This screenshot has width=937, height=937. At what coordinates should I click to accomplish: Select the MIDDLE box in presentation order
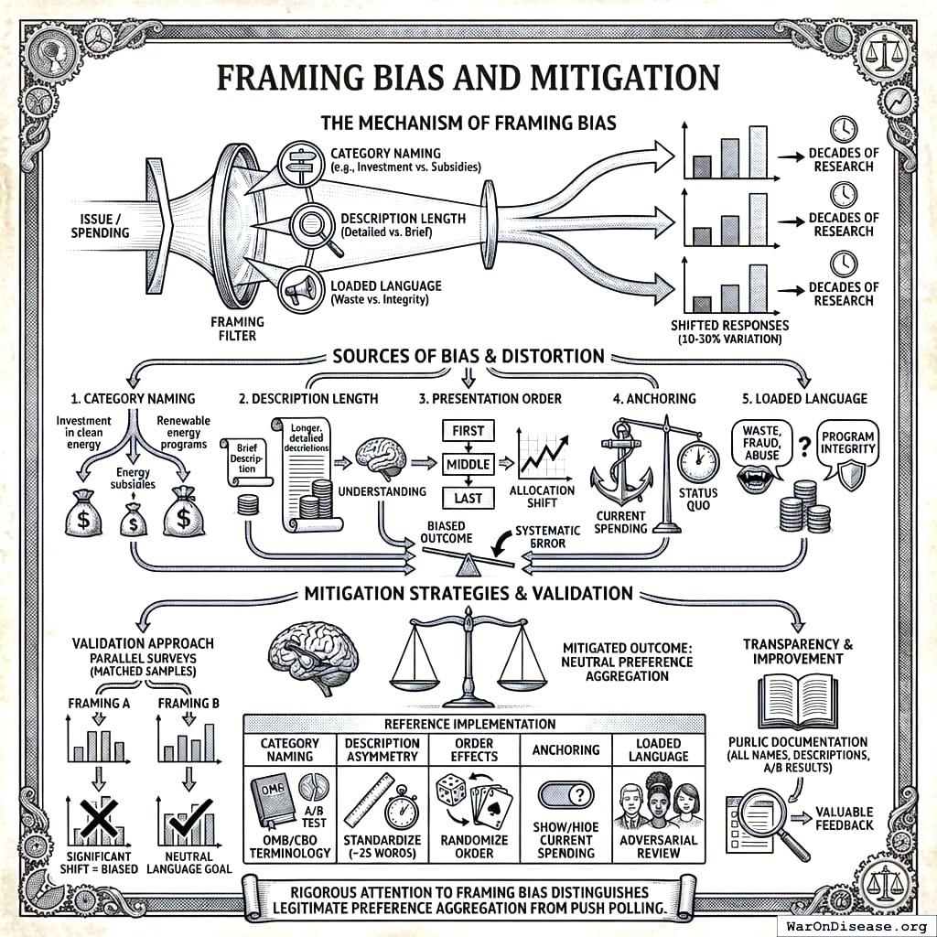coord(468,465)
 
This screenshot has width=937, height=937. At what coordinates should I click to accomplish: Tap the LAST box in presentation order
coord(468,498)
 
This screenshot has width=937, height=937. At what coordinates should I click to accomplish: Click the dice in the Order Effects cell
coord(451,790)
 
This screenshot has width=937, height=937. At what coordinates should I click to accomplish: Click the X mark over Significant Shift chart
coord(96,817)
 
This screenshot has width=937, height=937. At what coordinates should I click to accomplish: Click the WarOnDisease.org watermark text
coord(856,924)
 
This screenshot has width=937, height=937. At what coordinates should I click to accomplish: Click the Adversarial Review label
coord(659,846)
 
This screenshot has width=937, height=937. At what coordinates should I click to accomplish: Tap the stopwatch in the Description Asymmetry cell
coord(400,810)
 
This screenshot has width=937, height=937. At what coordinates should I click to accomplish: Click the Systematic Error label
coord(546,536)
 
